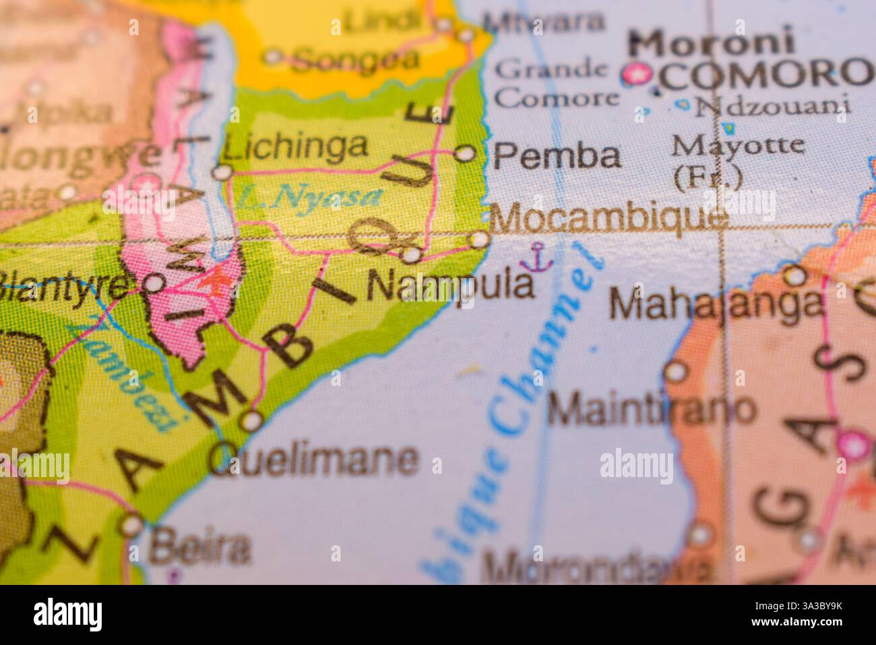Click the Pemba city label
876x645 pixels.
tap(557, 156)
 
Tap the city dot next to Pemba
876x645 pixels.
tap(464, 154)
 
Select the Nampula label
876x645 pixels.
tap(450, 285)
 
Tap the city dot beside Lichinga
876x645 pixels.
tap(222, 173)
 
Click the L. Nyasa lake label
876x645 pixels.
tap(309, 197)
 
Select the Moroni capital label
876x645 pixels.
tap(712, 43)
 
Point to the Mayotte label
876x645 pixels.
tap(739, 144)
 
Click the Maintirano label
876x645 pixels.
tap(651, 409)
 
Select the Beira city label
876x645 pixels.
tap(199, 547)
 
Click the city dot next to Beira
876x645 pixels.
tap(131, 525)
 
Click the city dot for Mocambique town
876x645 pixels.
tap(478, 240)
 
